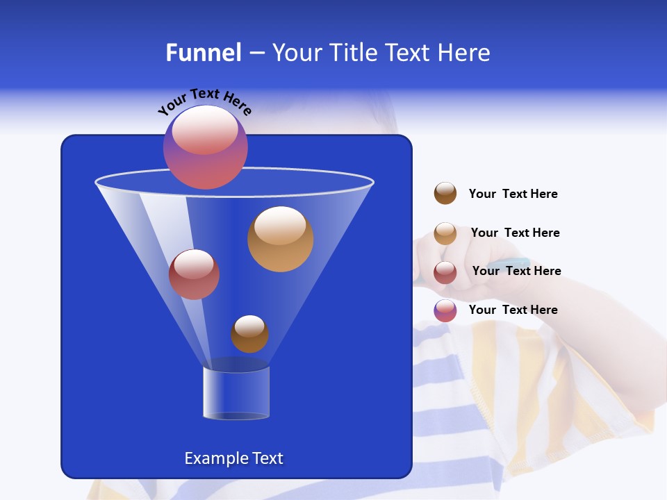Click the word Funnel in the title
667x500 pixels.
pos(204,53)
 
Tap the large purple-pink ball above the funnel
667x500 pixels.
pos(206,147)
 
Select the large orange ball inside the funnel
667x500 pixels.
pos(280,239)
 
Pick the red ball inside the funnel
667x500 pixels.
pos(195,274)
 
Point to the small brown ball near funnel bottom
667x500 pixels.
pos(249,334)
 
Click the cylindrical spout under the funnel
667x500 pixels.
pos(236,393)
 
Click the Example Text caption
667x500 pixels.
pos(234,458)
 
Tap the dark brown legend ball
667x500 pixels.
pos(445,194)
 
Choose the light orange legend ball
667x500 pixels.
pos(445,233)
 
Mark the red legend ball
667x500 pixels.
pos(445,272)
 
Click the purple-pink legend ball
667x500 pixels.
pos(445,310)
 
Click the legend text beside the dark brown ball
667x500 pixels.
pos(513,194)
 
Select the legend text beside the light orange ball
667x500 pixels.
pos(515,233)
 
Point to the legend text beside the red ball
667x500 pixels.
pos(516,271)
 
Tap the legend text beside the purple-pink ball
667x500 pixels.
pos(513,310)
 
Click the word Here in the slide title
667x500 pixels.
pos(466,53)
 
